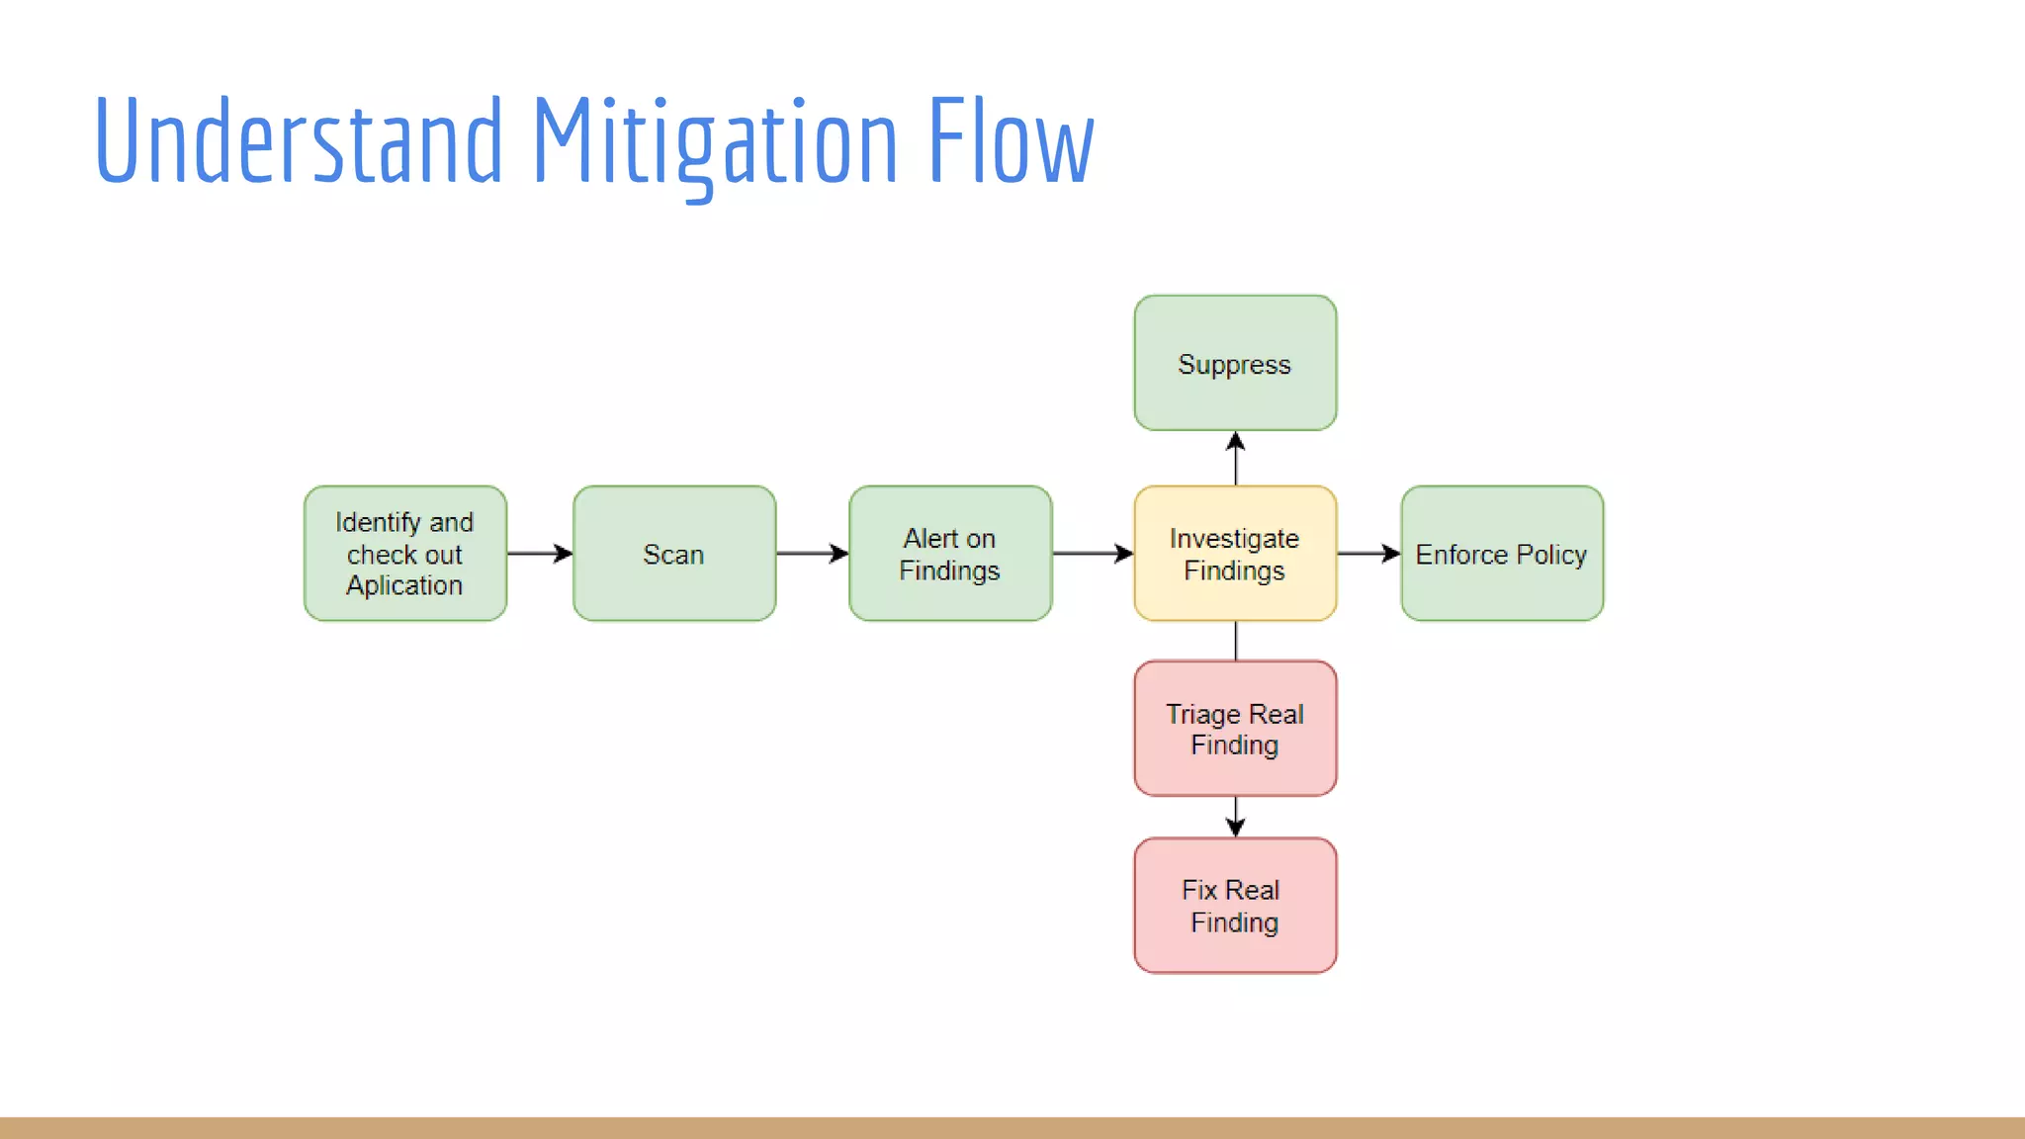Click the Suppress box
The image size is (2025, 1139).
pyautogui.click(x=1235, y=363)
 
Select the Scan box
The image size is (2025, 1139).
pyautogui.click(x=674, y=554)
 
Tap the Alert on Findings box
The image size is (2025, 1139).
pyautogui.click(x=950, y=554)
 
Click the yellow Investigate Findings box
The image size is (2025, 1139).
pyautogui.click(x=1235, y=554)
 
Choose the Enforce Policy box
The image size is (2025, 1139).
pyautogui.click(x=1502, y=554)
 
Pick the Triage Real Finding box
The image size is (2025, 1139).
pyautogui.click(x=1235, y=729)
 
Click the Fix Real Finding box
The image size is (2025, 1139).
pyautogui.click(x=1235, y=906)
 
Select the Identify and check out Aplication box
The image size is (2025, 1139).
pyautogui.click(x=405, y=554)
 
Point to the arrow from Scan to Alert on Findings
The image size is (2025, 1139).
pyautogui.click(x=812, y=554)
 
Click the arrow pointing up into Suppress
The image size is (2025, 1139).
pyautogui.click(x=1235, y=458)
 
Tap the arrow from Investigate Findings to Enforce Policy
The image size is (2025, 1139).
pyautogui.click(x=1368, y=554)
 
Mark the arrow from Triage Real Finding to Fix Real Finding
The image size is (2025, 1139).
pyautogui.click(x=1235, y=817)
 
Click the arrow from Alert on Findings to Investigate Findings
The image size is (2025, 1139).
pyautogui.click(x=1093, y=554)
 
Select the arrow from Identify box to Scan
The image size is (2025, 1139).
pyautogui.click(x=540, y=554)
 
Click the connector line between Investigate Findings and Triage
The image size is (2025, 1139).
pyautogui.click(x=1235, y=641)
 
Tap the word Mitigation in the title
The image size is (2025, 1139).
pyautogui.click(x=715, y=140)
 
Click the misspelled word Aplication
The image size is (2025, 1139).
pyautogui.click(x=404, y=585)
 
